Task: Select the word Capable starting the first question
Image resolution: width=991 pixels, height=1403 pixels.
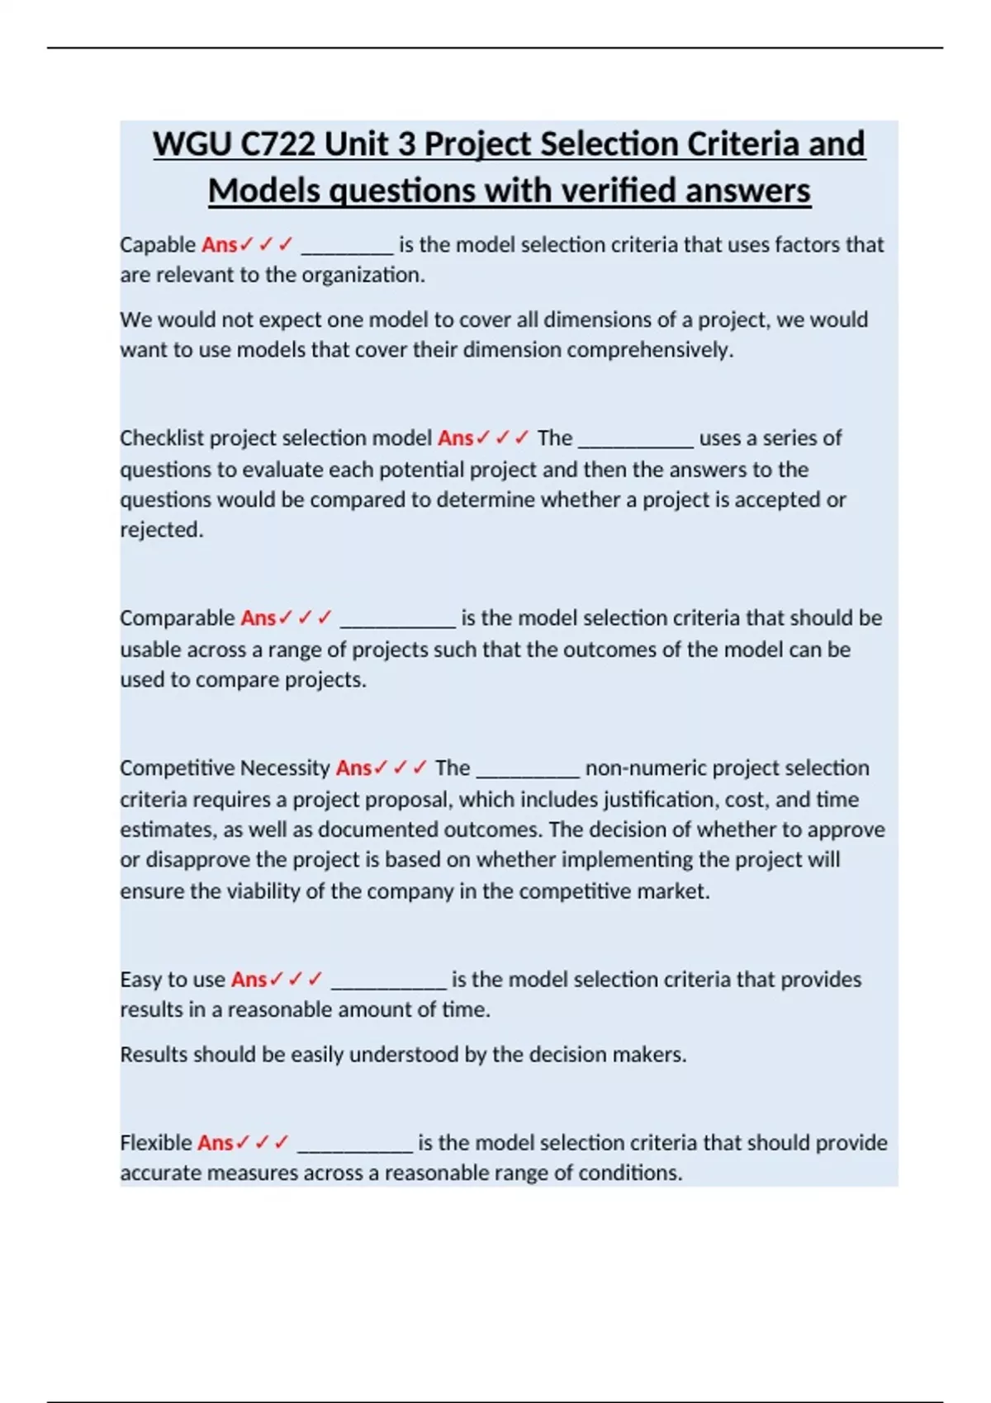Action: point(158,245)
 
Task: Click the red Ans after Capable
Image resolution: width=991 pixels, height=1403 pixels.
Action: point(219,245)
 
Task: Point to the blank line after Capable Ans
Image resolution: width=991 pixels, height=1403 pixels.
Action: point(347,248)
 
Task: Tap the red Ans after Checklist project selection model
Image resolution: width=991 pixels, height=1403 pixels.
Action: point(455,438)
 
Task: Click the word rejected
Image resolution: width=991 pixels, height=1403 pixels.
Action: point(161,530)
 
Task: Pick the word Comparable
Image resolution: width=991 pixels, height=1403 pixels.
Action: point(178,618)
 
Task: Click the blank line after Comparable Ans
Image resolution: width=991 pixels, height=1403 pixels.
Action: point(397,621)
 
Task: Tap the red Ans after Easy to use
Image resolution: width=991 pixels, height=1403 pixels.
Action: point(249,980)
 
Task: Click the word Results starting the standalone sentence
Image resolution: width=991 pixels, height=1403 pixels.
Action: point(154,1055)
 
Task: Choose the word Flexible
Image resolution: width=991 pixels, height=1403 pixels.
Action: point(156,1143)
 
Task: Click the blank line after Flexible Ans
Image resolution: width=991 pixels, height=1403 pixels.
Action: point(354,1146)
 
